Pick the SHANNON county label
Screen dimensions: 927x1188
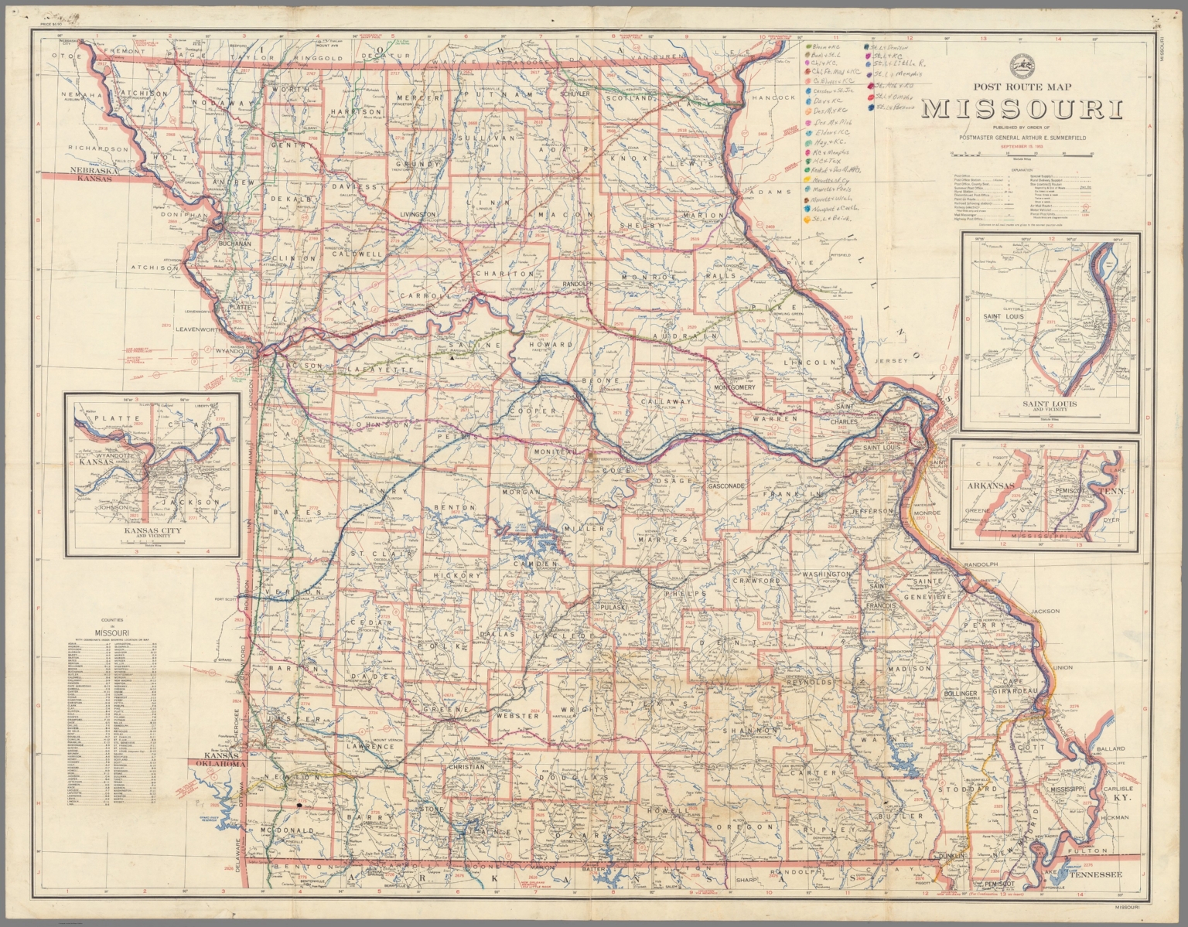[x=749, y=730]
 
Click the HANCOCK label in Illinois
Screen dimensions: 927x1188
[x=776, y=98]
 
